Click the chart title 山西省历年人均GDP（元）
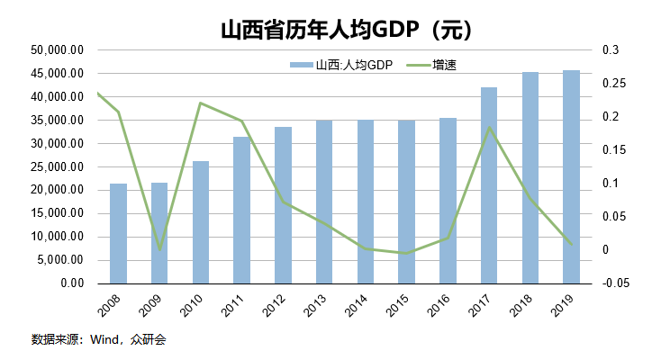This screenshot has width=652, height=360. pos(347,30)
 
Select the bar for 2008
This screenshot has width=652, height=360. pos(118,234)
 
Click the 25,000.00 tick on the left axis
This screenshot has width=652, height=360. pos(58,166)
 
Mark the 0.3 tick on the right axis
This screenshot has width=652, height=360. pos(611,50)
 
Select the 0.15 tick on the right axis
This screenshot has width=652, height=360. pos(613,150)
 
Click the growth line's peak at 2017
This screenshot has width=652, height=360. pos(489,127)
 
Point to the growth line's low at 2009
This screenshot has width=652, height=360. pos(159,249)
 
